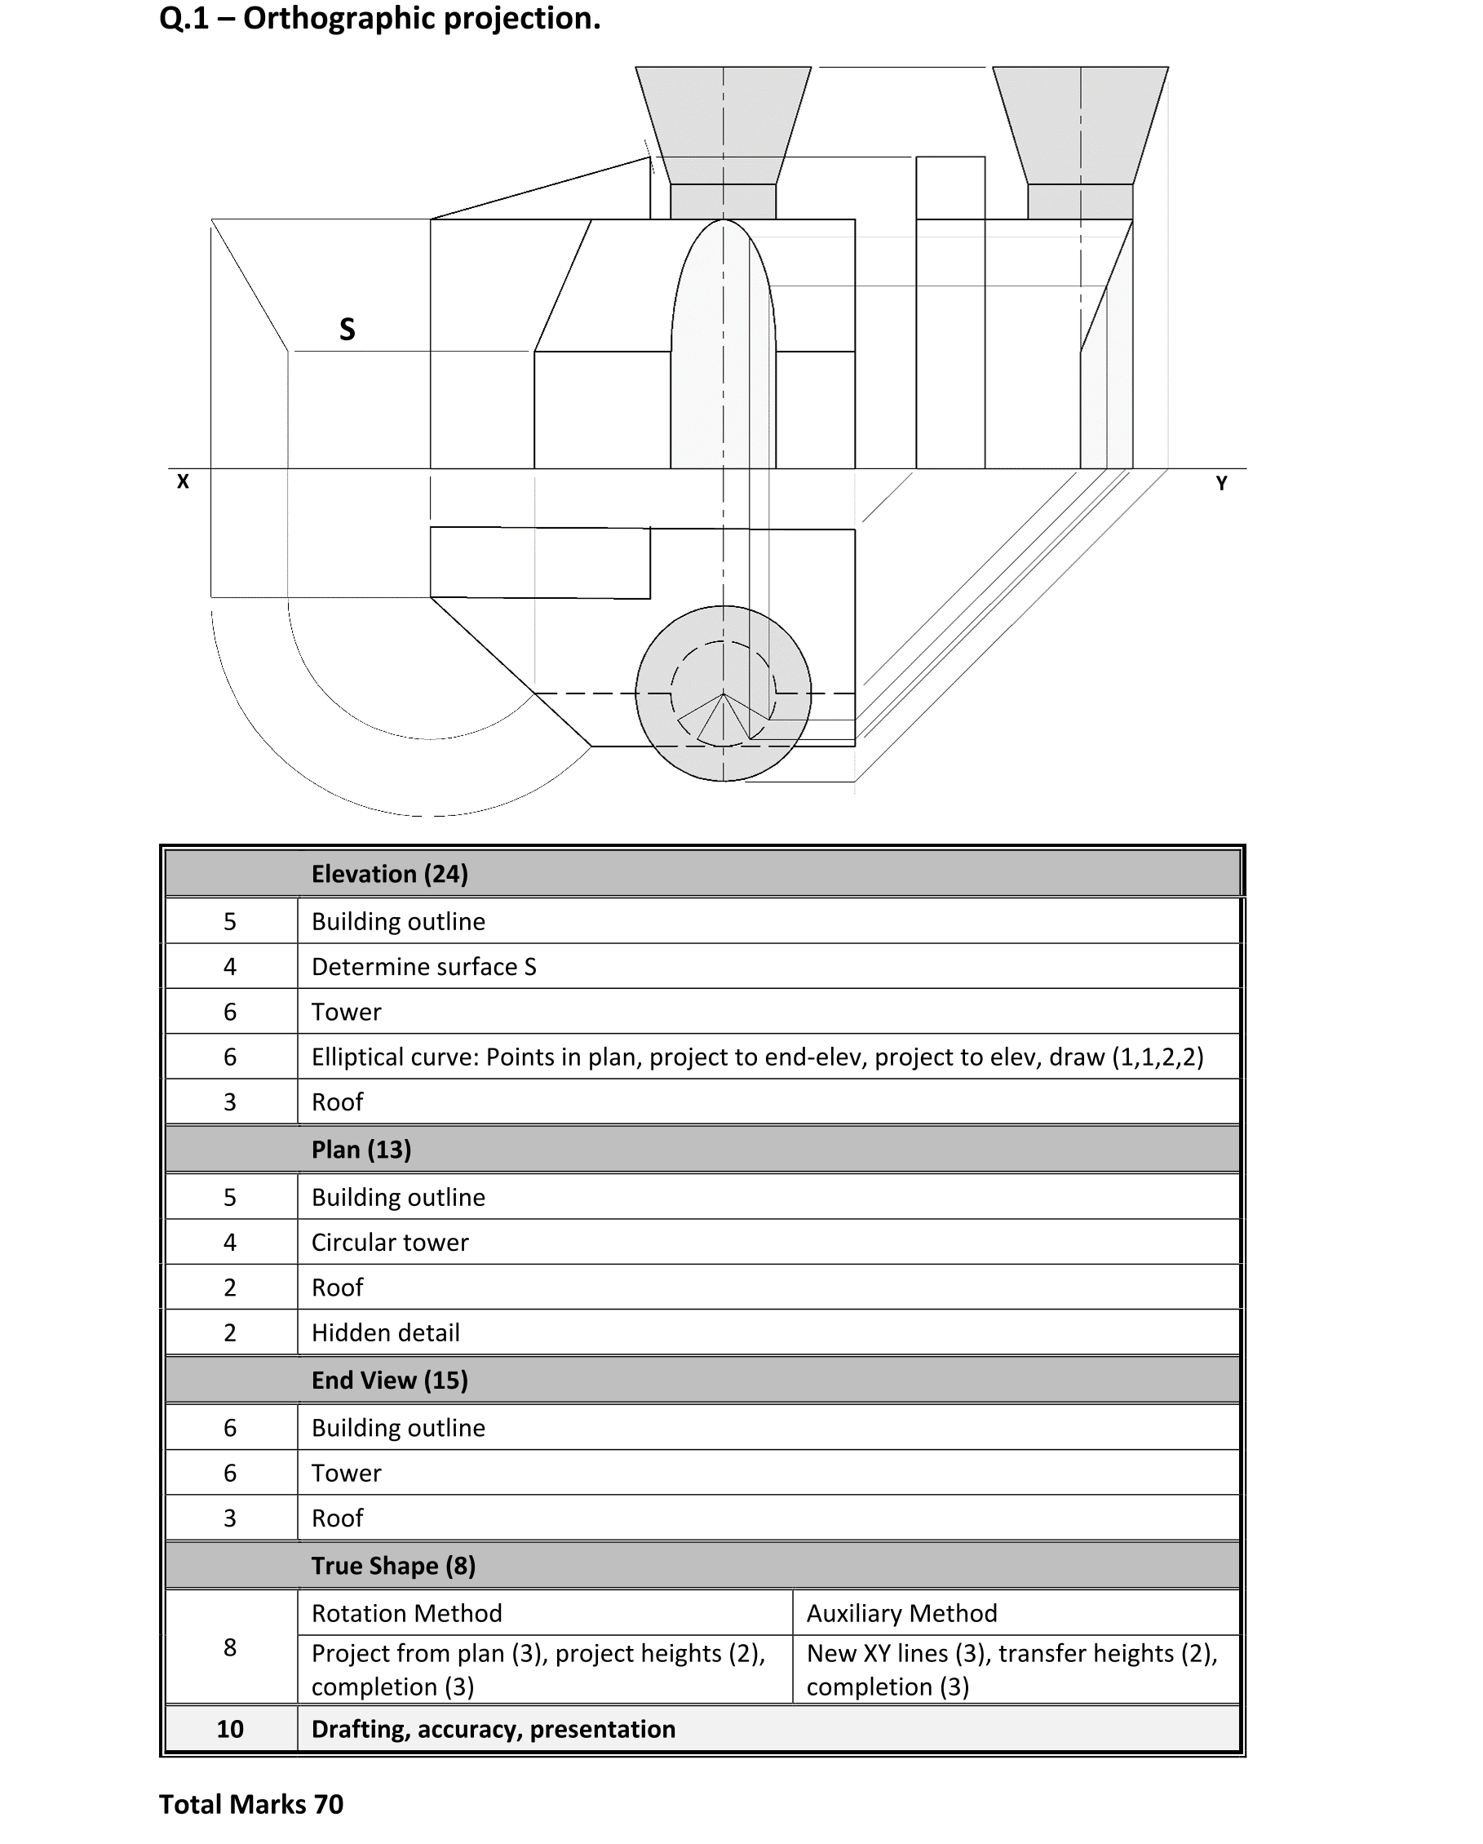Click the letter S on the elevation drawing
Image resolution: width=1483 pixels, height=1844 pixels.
click(347, 330)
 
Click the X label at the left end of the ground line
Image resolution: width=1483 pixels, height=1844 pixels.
click(182, 481)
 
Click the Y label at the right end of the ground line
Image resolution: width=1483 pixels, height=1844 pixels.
click(1221, 483)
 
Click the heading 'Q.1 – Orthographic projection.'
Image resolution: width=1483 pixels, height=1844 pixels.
click(380, 19)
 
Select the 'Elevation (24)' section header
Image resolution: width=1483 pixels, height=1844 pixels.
click(389, 873)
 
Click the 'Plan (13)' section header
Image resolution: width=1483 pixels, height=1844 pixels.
click(361, 1149)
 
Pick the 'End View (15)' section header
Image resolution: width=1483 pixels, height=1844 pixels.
click(389, 1380)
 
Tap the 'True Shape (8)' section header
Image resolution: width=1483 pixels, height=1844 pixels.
click(393, 1565)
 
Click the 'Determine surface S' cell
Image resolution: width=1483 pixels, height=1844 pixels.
click(423, 967)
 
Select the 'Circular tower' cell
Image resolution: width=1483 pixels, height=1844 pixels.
click(390, 1242)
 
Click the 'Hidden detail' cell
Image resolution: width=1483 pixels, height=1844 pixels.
click(385, 1332)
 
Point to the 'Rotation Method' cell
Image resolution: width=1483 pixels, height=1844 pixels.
click(406, 1613)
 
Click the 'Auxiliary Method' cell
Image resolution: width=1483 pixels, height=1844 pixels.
click(901, 1613)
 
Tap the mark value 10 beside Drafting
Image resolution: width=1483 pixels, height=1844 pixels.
click(229, 1728)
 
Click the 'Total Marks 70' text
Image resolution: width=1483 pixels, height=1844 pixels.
click(250, 1804)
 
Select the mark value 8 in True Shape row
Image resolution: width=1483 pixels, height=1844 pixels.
click(229, 1647)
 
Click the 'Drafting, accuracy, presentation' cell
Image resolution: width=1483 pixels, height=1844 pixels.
click(493, 1728)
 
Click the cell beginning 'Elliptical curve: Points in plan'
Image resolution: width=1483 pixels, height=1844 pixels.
click(757, 1057)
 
